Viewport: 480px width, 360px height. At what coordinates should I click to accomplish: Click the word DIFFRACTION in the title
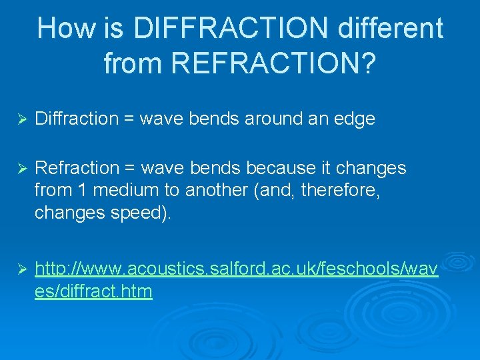pyautogui.click(x=231, y=29)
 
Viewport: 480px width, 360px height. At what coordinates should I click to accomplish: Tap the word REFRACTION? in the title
pyautogui.click(x=274, y=63)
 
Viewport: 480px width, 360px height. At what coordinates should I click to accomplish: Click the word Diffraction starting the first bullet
pyautogui.click(x=76, y=119)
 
